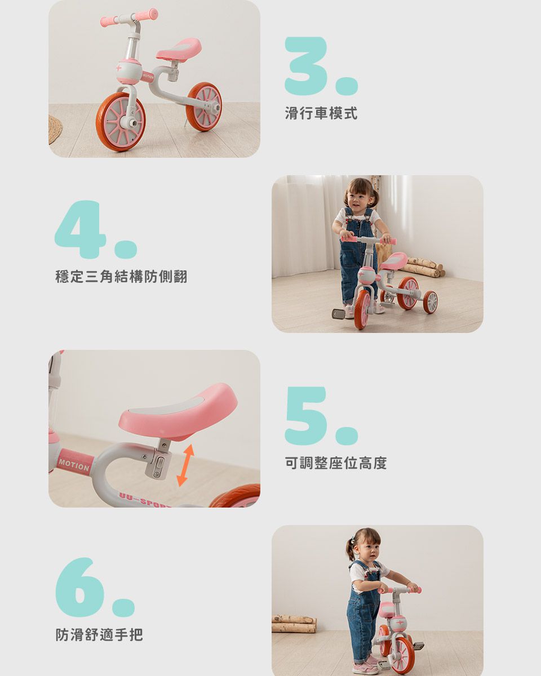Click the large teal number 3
tap(305, 66)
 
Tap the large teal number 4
tap(80, 229)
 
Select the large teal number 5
tap(305, 415)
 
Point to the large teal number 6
tap(80, 587)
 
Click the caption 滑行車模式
tap(321, 113)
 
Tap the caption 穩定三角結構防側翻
tap(121, 277)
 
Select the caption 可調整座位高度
tap(336, 462)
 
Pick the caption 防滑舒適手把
tap(99, 634)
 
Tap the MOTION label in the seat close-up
tap(74, 465)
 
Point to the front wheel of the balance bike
tap(121, 122)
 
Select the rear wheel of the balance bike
tap(204, 107)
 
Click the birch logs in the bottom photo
tap(294, 623)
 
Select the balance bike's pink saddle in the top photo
tap(179, 50)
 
